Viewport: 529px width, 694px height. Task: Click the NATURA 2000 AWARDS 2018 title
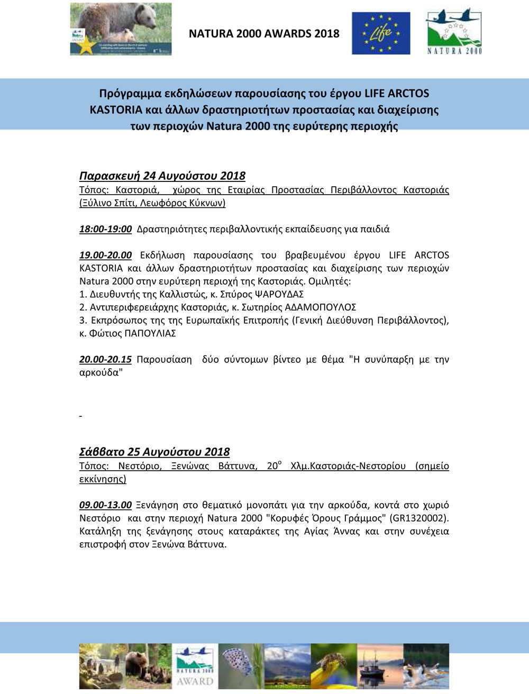pos(264,33)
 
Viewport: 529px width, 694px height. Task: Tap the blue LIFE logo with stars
pos(381,33)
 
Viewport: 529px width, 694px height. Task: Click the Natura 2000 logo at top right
pos(454,31)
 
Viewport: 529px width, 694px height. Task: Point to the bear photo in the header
pos(121,29)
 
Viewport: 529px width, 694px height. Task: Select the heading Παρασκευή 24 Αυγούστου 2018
pos(162,176)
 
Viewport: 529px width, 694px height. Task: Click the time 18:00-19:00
pos(105,229)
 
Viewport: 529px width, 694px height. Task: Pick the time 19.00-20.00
pos(105,255)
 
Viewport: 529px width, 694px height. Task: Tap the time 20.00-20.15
pos(105,359)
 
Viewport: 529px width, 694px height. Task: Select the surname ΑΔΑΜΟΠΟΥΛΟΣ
pos(320,307)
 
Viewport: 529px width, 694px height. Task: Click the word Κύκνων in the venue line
pos(207,203)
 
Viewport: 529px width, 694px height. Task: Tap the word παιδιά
pos(375,229)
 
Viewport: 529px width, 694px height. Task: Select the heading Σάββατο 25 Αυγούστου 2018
pos(154,452)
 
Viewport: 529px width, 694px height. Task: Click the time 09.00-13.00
pos(105,505)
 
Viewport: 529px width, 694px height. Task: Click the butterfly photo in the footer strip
pos(241,665)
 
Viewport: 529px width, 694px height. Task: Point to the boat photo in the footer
pos(380,665)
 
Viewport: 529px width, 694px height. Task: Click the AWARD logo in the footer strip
pos(196,665)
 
